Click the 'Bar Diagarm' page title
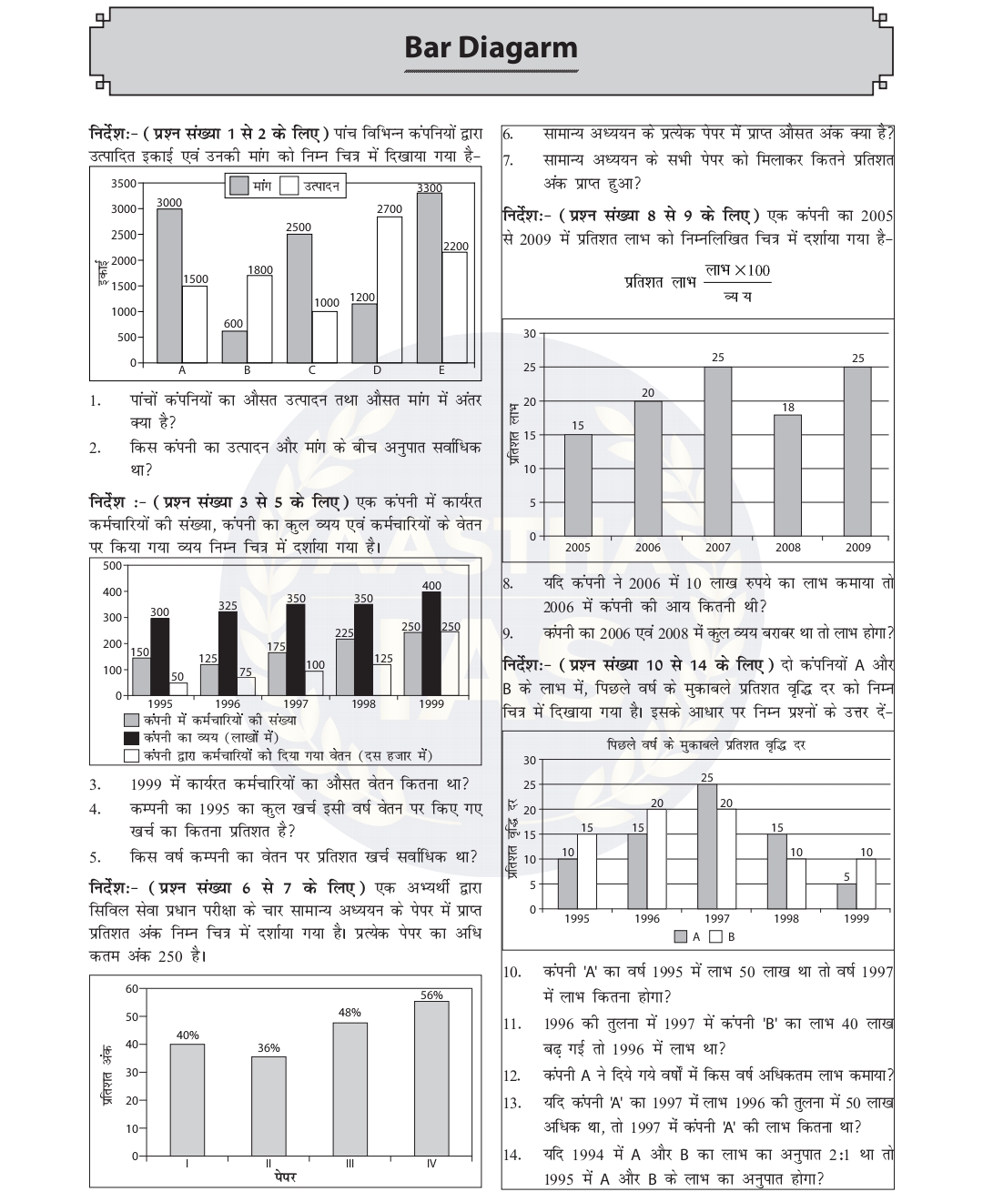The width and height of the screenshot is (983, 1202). click(491, 48)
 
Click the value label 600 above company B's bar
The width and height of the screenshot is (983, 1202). click(234, 324)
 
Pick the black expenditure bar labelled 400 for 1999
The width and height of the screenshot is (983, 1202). click(431, 643)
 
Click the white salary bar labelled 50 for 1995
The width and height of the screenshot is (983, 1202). click(177, 689)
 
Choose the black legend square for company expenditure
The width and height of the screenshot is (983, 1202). click(131, 737)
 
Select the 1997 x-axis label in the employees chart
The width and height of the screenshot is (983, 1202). click(295, 703)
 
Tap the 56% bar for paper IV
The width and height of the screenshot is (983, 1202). click(431, 1078)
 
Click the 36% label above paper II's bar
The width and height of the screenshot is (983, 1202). click(269, 1048)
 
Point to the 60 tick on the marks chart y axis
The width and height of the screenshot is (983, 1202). click(131, 988)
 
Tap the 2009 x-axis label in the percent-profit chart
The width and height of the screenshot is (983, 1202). click(857, 548)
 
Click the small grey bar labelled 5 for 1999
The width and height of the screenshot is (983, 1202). click(846, 895)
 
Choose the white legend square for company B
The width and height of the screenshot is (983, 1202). click(715, 936)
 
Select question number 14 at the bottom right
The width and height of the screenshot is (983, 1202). click(512, 1155)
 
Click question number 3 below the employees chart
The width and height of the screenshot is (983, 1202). click(95, 784)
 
